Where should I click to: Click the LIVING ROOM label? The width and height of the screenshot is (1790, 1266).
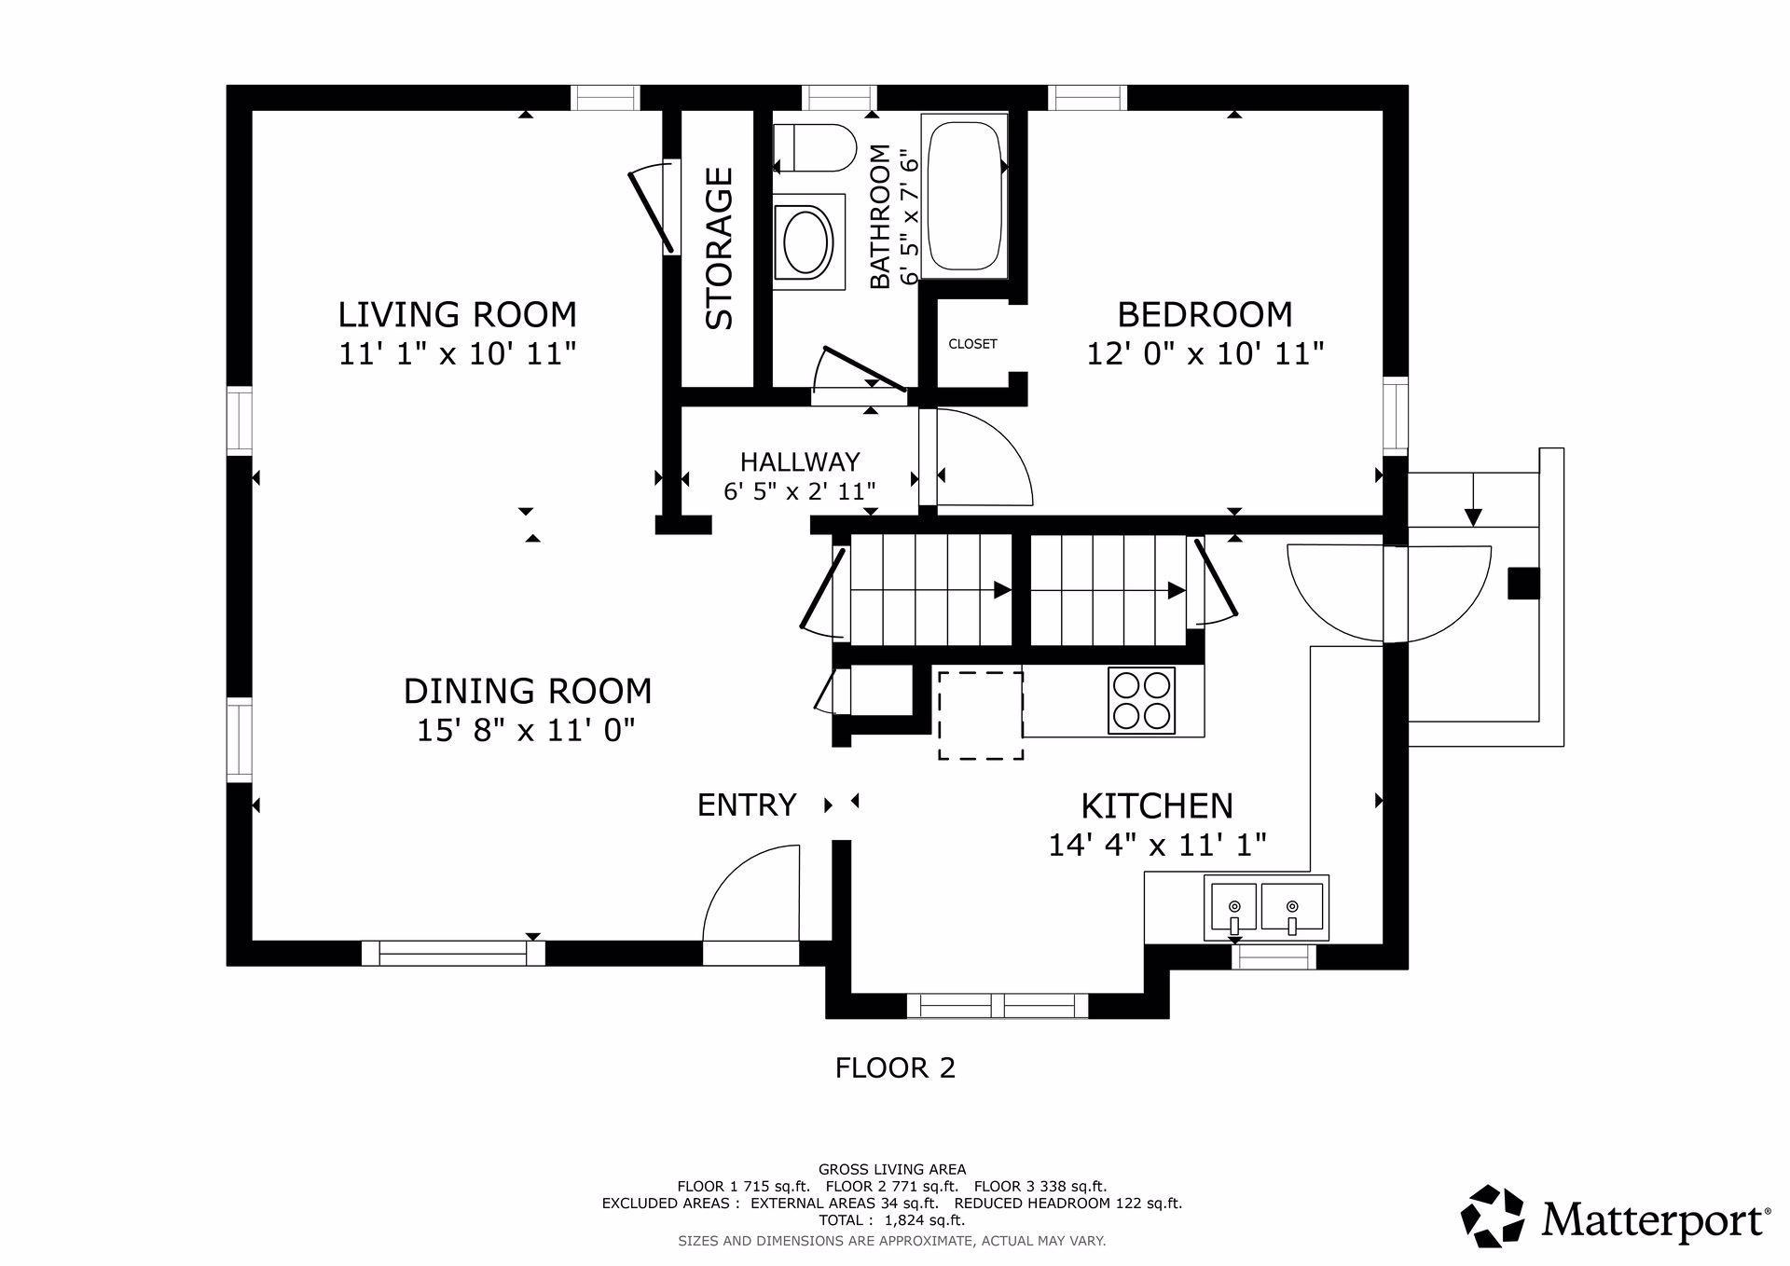(x=457, y=314)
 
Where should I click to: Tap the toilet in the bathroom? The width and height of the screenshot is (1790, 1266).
(x=815, y=147)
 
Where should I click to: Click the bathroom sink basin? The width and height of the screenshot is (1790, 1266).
(x=807, y=241)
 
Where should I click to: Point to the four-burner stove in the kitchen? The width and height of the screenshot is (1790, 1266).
(x=1141, y=700)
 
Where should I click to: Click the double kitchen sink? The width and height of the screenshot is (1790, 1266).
(x=1266, y=908)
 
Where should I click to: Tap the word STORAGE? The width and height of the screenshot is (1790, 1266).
(x=720, y=248)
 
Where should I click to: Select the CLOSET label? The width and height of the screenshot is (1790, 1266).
(x=972, y=344)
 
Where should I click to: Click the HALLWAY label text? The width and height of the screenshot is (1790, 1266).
(x=800, y=461)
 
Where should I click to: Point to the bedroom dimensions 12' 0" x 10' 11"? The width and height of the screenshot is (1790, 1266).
(x=1205, y=354)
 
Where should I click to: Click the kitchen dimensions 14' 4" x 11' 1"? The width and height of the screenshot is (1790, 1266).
(x=1157, y=845)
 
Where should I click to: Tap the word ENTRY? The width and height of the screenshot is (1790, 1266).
(x=747, y=805)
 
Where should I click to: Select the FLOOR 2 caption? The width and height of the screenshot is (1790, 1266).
(x=895, y=1067)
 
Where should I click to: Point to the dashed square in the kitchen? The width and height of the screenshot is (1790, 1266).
(x=980, y=715)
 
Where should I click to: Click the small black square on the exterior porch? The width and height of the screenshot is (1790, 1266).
(x=1523, y=584)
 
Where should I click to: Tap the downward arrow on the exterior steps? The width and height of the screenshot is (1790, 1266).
(x=1473, y=500)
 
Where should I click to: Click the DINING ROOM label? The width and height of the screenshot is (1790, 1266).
(x=528, y=691)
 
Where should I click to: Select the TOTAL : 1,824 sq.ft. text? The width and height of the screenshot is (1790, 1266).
(x=891, y=1219)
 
